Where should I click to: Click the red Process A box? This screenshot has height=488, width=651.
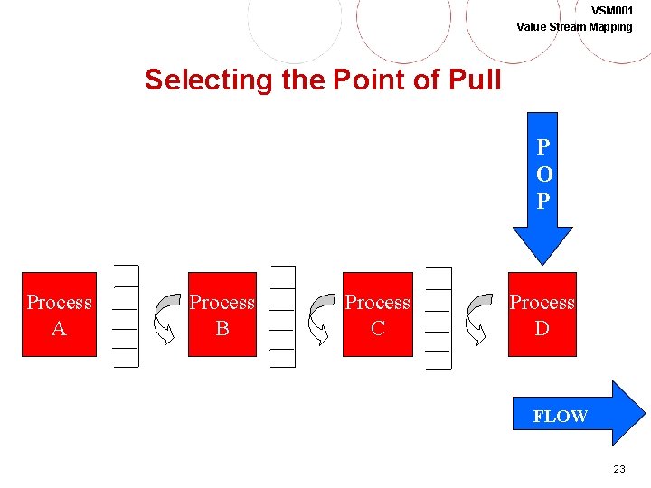tap(59, 314)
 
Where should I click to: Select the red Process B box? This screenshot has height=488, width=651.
tap(222, 314)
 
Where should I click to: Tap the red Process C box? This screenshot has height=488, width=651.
tap(378, 314)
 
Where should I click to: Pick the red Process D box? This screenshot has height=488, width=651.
tap(542, 314)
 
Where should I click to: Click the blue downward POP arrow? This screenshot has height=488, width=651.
tap(542, 190)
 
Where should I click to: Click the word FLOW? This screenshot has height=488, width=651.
tap(561, 417)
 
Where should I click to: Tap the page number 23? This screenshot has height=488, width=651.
tap(619, 469)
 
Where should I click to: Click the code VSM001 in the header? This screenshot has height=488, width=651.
tap(612, 10)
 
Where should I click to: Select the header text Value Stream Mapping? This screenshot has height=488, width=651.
tap(574, 26)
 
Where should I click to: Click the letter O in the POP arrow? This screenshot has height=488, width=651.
tap(542, 174)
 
